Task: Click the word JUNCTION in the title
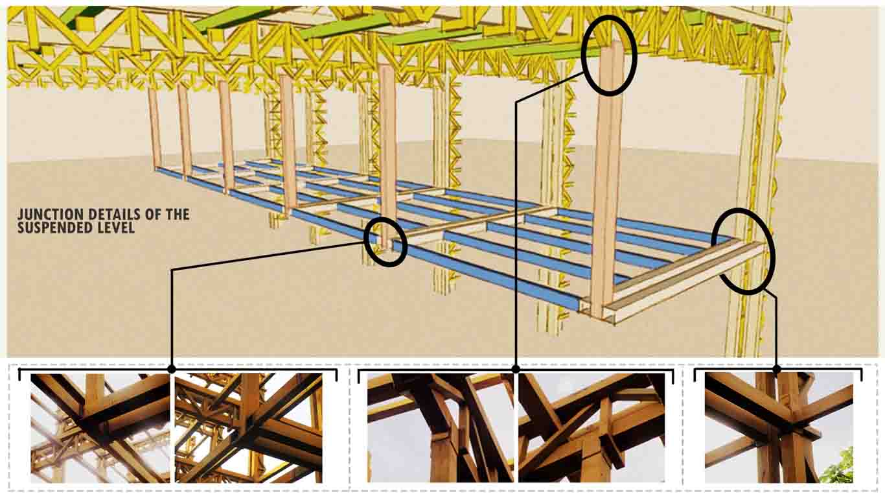pyautogui.click(x=50, y=215)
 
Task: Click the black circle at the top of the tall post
pyautogui.click(x=610, y=55)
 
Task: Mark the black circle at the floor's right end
pyautogui.click(x=743, y=252)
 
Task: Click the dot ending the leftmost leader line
pyautogui.click(x=172, y=369)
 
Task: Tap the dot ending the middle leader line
pyautogui.click(x=516, y=369)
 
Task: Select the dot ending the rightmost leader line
pyautogui.click(x=777, y=369)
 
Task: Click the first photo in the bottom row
pyautogui.click(x=100, y=428)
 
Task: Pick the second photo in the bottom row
pyautogui.click(x=249, y=428)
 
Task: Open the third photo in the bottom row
pyautogui.click(x=441, y=428)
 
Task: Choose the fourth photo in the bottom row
pyautogui.click(x=592, y=428)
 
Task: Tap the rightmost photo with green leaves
pyautogui.click(x=779, y=428)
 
